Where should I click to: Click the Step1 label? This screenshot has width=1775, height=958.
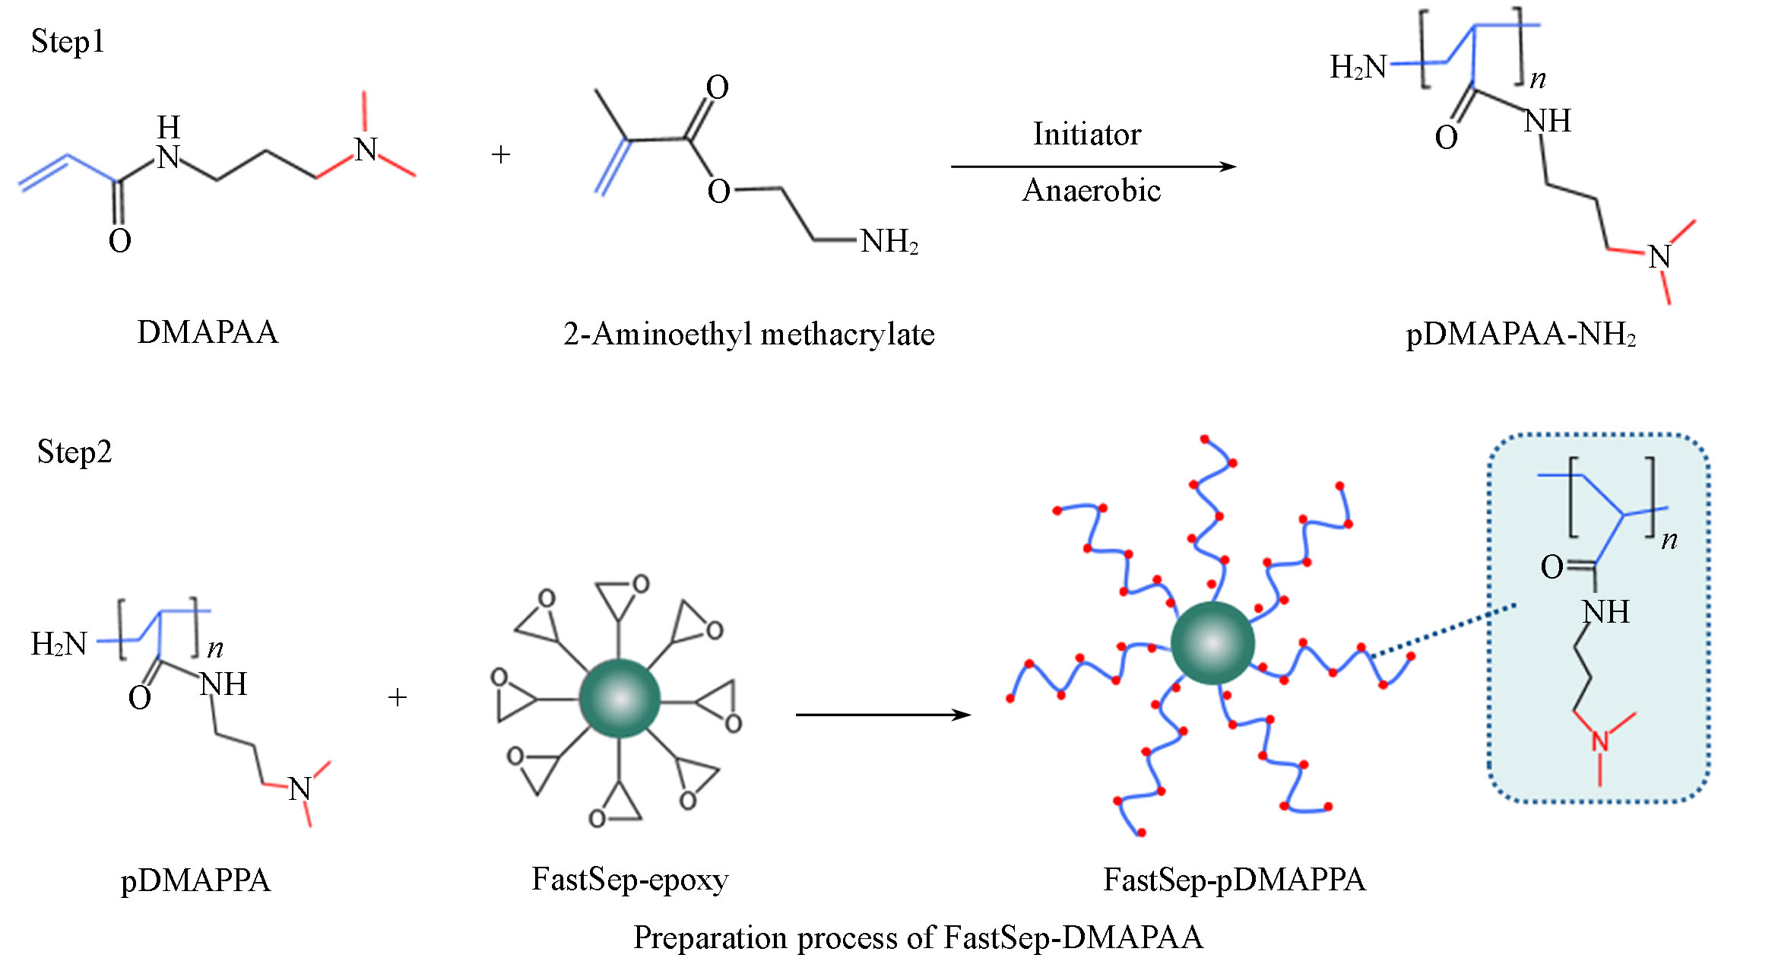coord(67,42)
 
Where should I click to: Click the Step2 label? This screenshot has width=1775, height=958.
coord(74,452)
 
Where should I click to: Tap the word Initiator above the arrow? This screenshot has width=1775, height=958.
coord(1087,135)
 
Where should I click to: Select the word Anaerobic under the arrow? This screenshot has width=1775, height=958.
coord(1092,190)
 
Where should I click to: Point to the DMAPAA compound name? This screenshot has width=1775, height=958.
coord(208,333)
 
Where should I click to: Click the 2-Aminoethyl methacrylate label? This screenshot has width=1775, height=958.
coord(749,335)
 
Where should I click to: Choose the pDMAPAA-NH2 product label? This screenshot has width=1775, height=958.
coord(1520,335)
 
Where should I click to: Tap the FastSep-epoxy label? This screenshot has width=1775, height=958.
coord(630,880)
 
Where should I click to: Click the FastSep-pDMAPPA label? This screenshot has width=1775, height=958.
coord(1235,880)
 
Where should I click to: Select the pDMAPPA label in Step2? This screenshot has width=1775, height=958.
coord(195,880)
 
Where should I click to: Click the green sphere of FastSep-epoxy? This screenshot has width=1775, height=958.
coord(620,698)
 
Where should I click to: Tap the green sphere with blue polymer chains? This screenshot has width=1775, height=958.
coord(1212,643)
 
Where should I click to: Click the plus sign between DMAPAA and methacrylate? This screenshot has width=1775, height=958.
coord(501,155)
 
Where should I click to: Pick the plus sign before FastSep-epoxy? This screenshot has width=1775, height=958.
coord(398,697)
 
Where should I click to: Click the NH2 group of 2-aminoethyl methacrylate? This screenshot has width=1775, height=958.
coord(889,242)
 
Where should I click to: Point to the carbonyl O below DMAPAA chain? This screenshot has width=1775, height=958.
coord(120,241)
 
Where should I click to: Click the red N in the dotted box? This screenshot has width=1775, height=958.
coord(1600,741)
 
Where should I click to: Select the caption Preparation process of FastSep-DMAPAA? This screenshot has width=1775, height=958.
coord(918,937)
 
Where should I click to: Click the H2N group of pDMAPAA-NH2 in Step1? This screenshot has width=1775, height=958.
coord(1358,67)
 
